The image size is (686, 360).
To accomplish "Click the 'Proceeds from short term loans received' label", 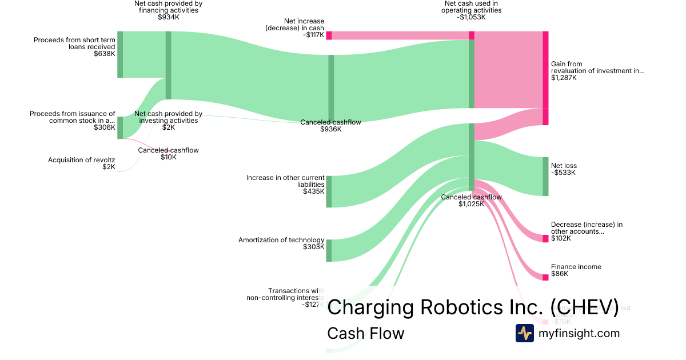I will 74,43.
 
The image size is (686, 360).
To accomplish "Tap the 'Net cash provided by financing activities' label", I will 168,7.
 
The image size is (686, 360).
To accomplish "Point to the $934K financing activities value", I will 168,17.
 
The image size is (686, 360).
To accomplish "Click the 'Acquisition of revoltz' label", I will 82,160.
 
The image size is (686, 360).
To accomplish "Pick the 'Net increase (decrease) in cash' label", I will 296,25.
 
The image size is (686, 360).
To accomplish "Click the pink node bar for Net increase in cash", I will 329,35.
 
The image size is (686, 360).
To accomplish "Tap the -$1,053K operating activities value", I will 471,17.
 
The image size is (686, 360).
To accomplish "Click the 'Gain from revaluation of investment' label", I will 597,67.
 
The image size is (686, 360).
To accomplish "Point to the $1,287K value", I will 564,78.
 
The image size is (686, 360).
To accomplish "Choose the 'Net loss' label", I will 564,166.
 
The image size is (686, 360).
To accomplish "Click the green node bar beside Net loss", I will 545,176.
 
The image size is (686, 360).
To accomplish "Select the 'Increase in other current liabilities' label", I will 285,181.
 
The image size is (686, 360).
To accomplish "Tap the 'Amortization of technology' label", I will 281,240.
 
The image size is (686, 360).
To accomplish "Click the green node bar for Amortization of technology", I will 329,250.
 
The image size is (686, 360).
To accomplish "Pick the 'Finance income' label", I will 576,267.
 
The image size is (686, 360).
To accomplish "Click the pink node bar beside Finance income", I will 545,277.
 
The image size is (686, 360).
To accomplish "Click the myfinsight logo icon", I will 525,333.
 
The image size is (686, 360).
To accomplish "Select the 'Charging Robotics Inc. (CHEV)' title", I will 473,307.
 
